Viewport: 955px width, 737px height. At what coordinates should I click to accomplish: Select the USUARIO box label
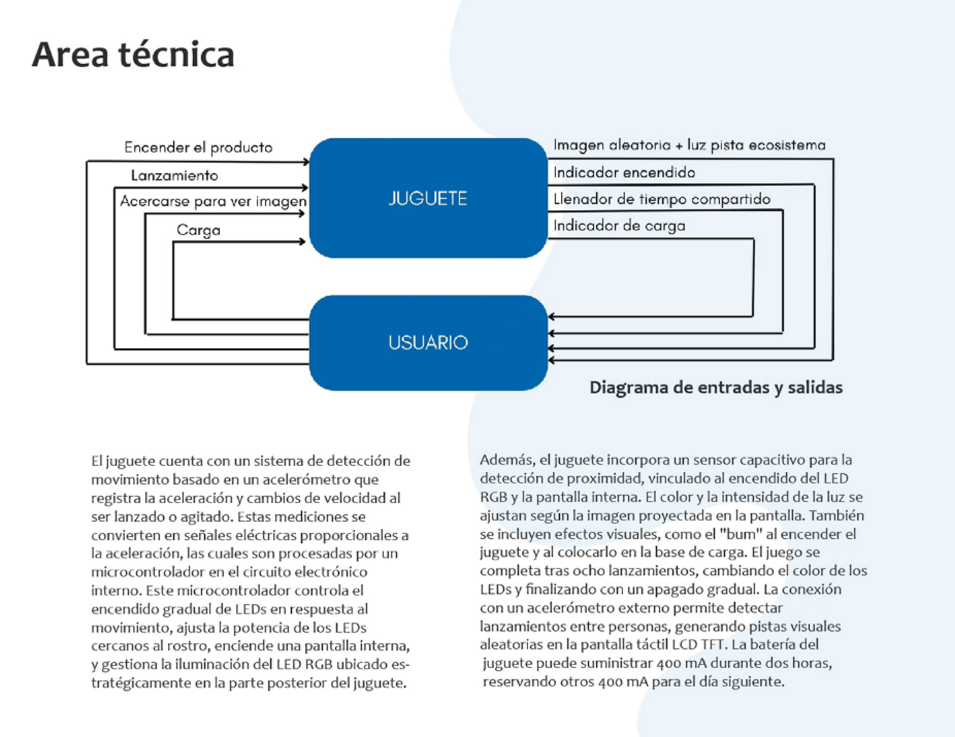(x=428, y=343)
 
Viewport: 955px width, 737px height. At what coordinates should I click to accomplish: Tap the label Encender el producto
(x=198, y=148)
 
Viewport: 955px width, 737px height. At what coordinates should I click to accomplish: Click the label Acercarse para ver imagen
(x=213, y=202)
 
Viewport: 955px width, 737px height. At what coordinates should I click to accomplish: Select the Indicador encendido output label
(x=624, y=173)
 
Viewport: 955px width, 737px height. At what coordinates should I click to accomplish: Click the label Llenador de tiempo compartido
(x=662, y=199)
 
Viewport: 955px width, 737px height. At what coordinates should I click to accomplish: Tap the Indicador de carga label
(x=619, y=226)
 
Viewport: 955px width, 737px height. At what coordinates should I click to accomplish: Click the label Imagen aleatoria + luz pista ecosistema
(x=689, y=145)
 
